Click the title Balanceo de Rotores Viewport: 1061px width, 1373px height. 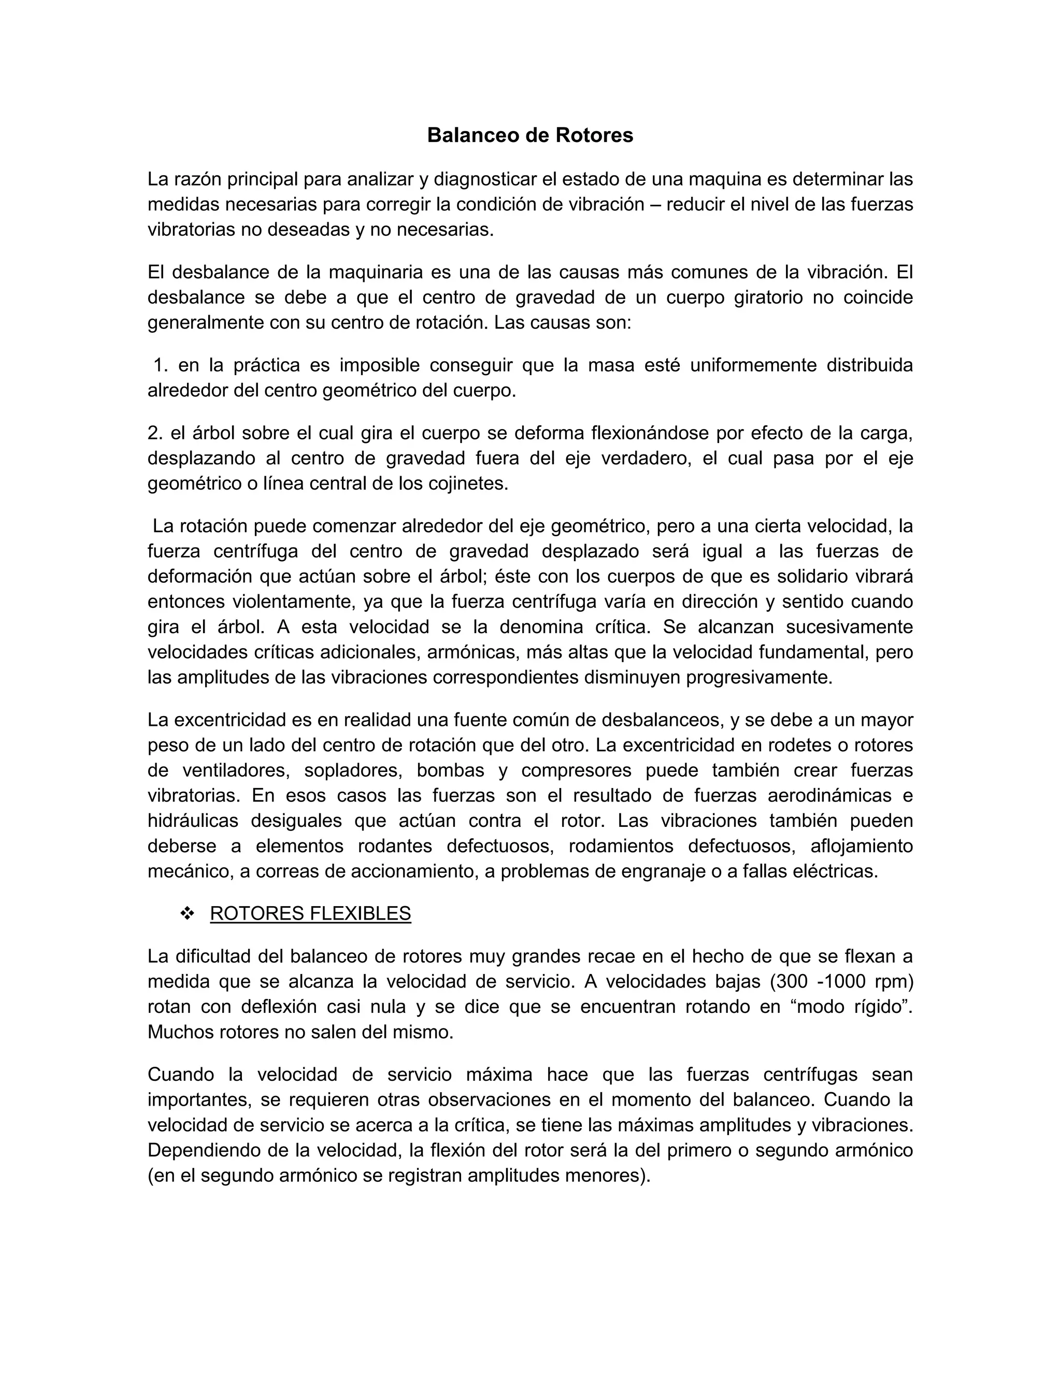530,135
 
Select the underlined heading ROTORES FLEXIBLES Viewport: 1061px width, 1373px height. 310,913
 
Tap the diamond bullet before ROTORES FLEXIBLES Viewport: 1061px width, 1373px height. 187,914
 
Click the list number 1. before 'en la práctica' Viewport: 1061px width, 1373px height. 161,365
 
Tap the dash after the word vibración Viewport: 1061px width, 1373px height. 655,205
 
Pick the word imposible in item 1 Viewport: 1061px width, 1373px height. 380,365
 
